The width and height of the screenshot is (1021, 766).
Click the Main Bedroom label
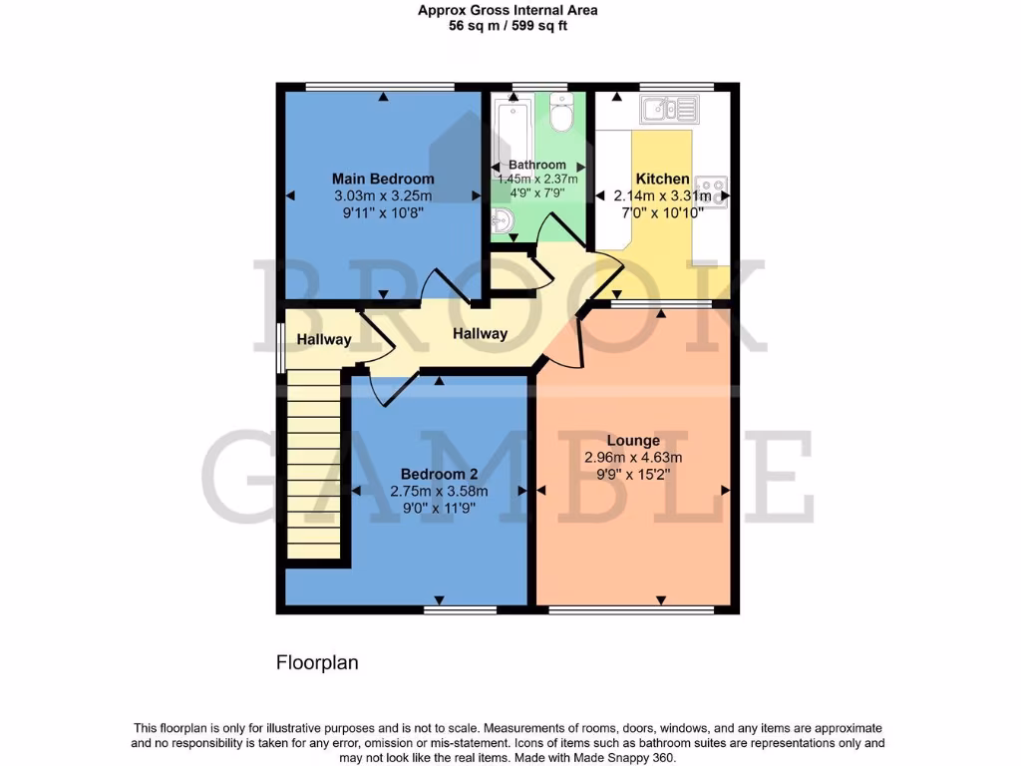pyautogui.click(x=383, y=179)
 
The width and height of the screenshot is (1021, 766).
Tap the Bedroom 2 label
pyautogui.click(x=439, y=474)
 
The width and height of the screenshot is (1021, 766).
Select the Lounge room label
pyautogui.click(x=634, y=441)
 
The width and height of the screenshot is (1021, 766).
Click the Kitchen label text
pyautogui.click(x=663, y=179)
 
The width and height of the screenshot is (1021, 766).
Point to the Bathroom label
pyautogui.click(x=537, y=165)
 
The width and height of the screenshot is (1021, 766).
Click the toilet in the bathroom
pyautogui.click(x=561, y=116)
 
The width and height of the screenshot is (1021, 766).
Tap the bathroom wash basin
pyautogui.click(x=503, y=219)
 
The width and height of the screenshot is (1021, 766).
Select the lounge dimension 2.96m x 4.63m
pyautogui.click(x=634, y=458)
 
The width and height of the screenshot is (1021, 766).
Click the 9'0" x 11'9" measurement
pyautogui.click(x=439, y=508)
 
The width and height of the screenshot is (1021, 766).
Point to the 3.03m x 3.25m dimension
pyautogui.click(x=383, y=195)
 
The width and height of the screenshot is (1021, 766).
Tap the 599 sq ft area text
pyautogui.click(x=538, y=27)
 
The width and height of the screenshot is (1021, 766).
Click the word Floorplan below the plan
pyautogui.click(x=316, y=662)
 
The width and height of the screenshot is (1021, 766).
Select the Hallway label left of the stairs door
pyautogui.click(x=324, y=339)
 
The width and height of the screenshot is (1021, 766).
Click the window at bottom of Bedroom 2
pyautogui.click(x=460, y=608)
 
